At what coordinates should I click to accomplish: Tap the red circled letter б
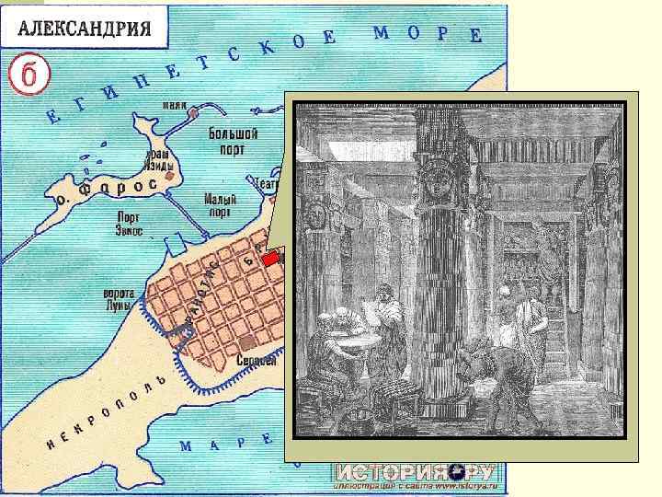click(29, 73)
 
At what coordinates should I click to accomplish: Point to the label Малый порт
click(221, 204)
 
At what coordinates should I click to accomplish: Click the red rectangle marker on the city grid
click(270, 260)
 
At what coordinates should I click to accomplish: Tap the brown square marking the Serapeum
click(245, 343)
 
